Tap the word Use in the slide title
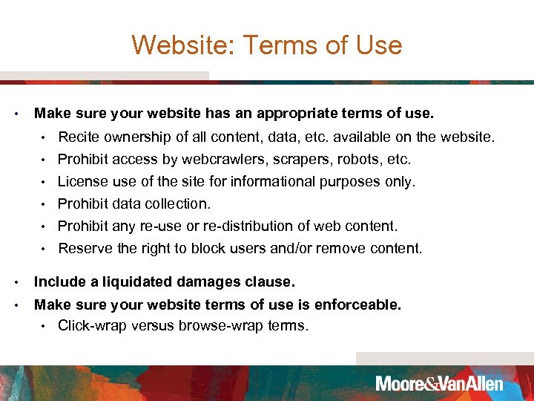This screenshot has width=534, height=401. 378,46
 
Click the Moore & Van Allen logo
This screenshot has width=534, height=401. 439,384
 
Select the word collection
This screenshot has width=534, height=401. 180,203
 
